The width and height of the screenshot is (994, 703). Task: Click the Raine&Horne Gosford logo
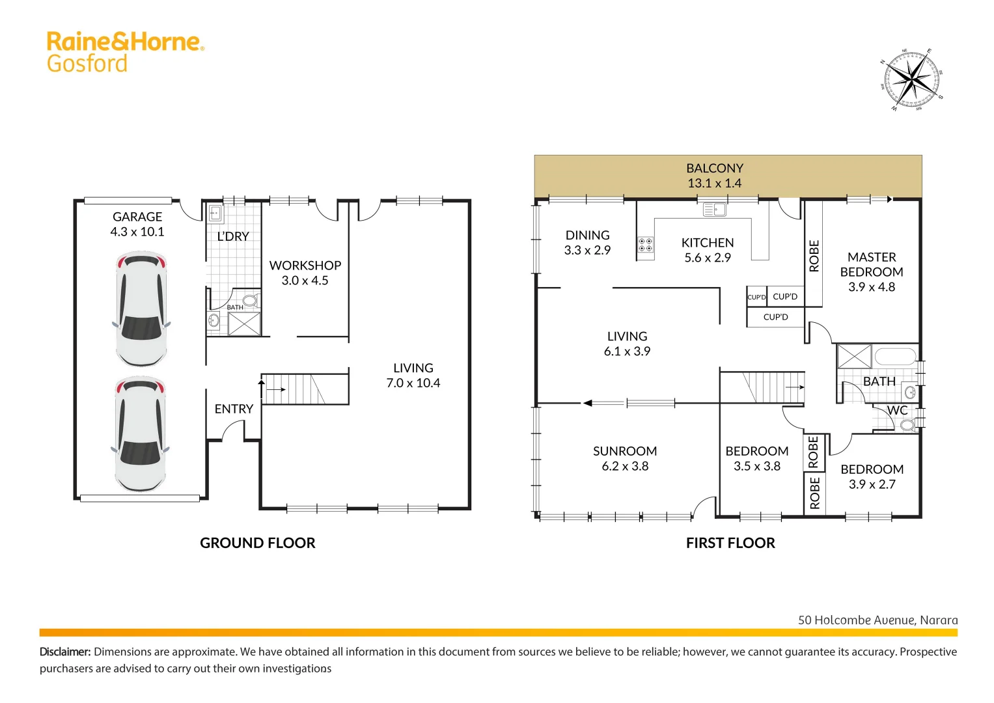(125, 51)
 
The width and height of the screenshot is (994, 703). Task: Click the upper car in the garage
(141, 310)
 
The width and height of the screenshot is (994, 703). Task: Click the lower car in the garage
(141, 434)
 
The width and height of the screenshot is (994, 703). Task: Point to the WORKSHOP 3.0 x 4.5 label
(305, 273)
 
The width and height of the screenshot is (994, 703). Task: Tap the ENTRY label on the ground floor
(234, 409)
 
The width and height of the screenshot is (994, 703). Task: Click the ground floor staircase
(304, 389)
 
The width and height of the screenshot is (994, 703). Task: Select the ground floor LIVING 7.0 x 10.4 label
(413, 376)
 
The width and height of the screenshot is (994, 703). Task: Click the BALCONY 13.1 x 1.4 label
(715, 176)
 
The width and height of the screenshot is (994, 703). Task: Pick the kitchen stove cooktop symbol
(646, 245)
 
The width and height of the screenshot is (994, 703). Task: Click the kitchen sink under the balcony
(715, 210)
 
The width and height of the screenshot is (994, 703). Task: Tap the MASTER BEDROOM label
(872, 271)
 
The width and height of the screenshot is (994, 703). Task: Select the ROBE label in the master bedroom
(814, 255)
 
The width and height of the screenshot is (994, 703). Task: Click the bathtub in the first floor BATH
(895, 357)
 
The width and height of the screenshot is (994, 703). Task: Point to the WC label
(897, 410)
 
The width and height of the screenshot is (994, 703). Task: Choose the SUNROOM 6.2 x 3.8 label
(625, 458)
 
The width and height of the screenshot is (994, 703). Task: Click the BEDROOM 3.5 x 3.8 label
(756, 458)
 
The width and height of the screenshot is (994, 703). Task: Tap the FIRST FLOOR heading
(730, 543)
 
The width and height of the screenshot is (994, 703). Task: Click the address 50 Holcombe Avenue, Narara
(877, 620)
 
